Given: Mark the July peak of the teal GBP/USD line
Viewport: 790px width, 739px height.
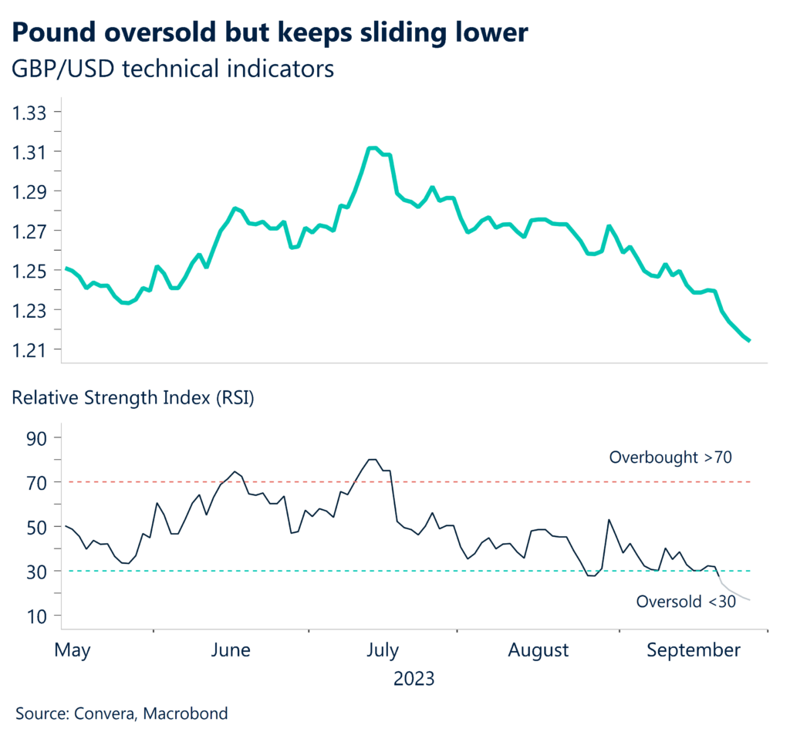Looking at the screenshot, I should pyautogui.click(x=372, y=147).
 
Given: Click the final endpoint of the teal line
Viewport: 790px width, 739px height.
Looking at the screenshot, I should pyautogui.click(x=749, y=340).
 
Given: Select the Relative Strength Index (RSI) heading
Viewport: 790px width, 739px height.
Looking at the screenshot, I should pyautogui.click(x=131, y=400).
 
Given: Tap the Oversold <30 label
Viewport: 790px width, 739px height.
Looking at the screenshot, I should pyautogui.click(x=685, y=602).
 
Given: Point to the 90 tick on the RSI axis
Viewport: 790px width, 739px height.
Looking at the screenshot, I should pyautogui.click(x=38, y=437).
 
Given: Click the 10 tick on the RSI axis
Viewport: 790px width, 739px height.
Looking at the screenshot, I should pyautogui.click(x=38, y=616).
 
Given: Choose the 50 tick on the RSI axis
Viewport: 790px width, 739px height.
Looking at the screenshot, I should pyautogui.click(x=38, y=527).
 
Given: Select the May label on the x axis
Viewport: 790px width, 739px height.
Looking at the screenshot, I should pyautogui.click(x=73, y=650).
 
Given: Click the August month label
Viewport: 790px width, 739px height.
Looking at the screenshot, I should pyautogui.click(x=538, y=650).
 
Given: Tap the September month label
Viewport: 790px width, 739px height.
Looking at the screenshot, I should pyautogui.click(x=694, y=650).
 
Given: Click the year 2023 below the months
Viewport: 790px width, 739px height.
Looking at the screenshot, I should pyautogui.click(x=414, y=679).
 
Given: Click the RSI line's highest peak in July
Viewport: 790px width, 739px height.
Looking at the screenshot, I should pyautogui.click(x=372, y=460).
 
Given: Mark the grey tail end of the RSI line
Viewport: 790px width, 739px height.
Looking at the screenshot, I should pyautogui.click(x=749, y=599).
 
